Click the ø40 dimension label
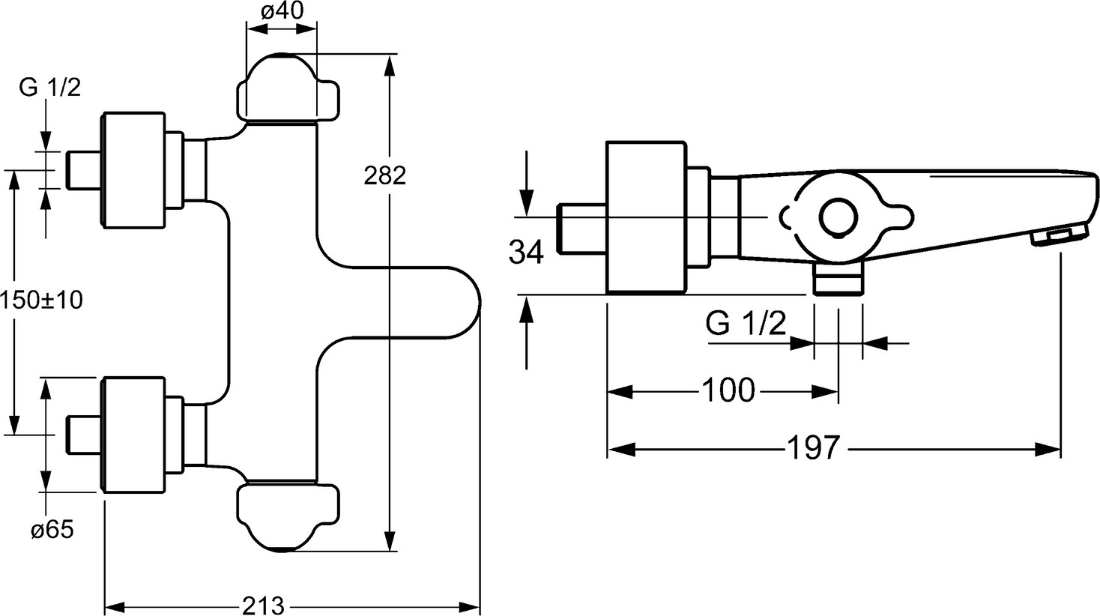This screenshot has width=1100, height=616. [x=282, y=13]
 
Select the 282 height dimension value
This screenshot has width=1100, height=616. [x=384, y=175]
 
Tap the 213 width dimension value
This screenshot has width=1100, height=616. [x=264, y=604]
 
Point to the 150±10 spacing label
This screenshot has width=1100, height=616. [x=41, y=301]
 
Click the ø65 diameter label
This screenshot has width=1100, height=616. [x=52, y=530]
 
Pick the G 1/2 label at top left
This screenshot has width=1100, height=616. [x=49, y=88]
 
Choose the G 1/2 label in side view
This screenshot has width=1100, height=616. [x=746, y=324]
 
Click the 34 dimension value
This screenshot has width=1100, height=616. [x=526, y=253]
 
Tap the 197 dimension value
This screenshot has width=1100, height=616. [x=814, y=449]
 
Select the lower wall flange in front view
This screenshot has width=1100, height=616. [x=133, y=435]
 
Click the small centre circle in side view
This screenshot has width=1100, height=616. [x=837, y=217]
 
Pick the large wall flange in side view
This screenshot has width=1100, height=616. [x=645, y=217]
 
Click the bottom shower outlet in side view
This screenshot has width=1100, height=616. [x=838, y=283]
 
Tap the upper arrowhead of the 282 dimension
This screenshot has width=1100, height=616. [x=389, y=67]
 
